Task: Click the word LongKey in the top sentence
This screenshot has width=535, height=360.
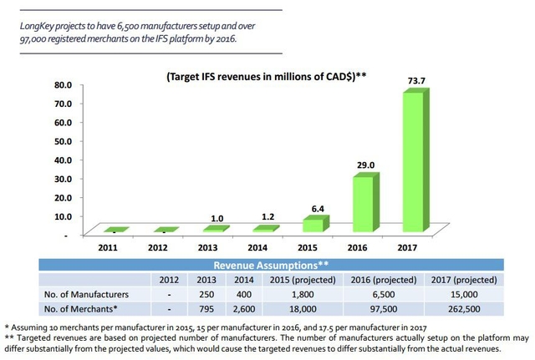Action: (x=41, y=26)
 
